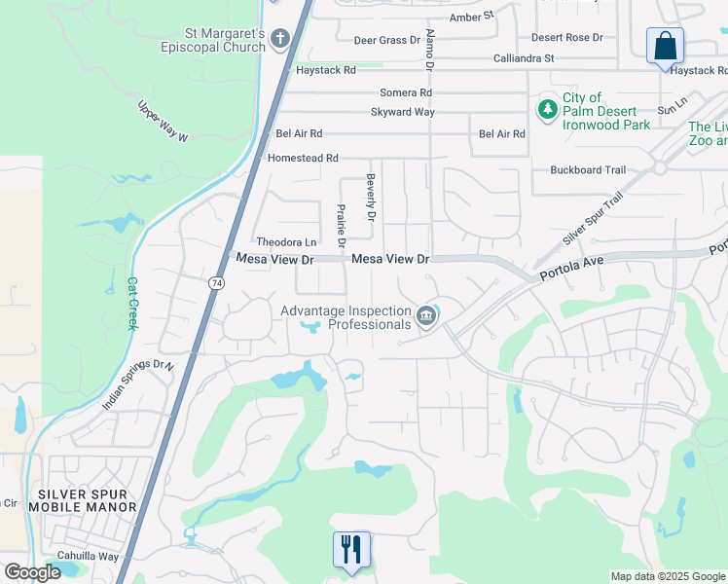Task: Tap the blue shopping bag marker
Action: click(665, 46)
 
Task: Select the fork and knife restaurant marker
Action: click(351, 550)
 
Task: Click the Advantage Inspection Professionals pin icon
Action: click(426, 316)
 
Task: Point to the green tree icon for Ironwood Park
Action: click(548, 107)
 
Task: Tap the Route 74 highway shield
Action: click(214, 282)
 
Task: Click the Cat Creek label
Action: click(132, 304)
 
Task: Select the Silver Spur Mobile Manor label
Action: click(83, 500)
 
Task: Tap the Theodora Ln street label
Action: click(286, 241)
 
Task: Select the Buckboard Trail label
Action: click(588, 170)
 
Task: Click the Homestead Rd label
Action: click(303, 158)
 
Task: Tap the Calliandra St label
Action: click(522, 58)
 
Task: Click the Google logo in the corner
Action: click(31, 572)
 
